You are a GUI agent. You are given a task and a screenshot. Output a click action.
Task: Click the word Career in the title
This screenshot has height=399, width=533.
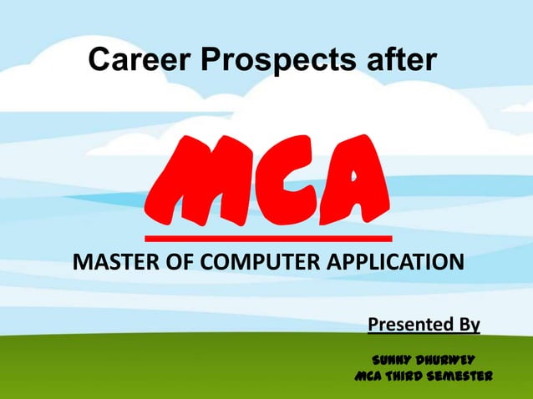pos(130,59)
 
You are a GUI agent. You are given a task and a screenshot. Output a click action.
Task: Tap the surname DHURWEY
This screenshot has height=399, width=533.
pos(448,361)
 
